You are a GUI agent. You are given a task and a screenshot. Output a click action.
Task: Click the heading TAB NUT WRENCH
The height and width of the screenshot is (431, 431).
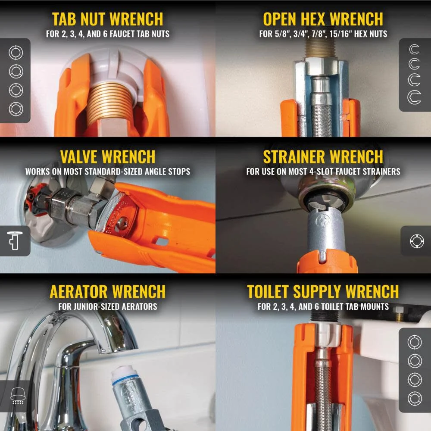[107, 19]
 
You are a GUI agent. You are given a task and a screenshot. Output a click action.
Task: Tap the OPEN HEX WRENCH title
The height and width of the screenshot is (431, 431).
[323, 19]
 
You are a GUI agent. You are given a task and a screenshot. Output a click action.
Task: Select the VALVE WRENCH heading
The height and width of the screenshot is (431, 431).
[107, 157]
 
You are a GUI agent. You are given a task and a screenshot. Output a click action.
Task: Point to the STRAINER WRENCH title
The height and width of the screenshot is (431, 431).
[323, 157]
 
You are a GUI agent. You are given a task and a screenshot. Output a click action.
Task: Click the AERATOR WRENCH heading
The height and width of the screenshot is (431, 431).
[107, 292]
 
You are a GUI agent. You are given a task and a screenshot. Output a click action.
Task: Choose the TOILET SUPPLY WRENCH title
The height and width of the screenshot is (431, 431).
[323, 292]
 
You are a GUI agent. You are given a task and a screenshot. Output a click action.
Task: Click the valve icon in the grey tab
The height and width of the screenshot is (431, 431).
[14, 241]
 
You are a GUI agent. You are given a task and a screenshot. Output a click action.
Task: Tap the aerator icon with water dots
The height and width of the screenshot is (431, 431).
[18, 396]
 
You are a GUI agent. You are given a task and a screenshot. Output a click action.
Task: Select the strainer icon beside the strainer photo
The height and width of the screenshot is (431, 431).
[417, 241]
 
